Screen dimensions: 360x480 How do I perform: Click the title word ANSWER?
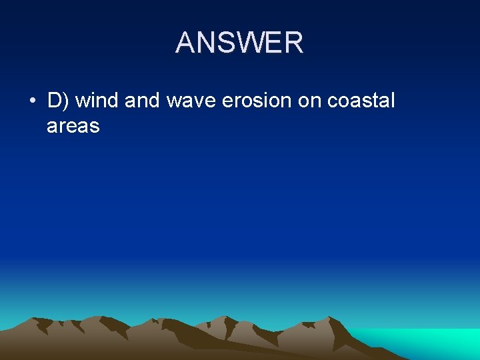[239, 43]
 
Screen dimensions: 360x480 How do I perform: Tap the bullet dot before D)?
[32, 101]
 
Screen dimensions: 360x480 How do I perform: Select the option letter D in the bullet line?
[55, 101]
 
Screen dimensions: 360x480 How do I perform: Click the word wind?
[95, 101]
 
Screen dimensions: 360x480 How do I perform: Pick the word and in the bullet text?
[141, 101]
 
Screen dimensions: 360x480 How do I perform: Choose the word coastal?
[362, 101]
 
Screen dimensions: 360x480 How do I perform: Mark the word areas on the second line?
[73, 125]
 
